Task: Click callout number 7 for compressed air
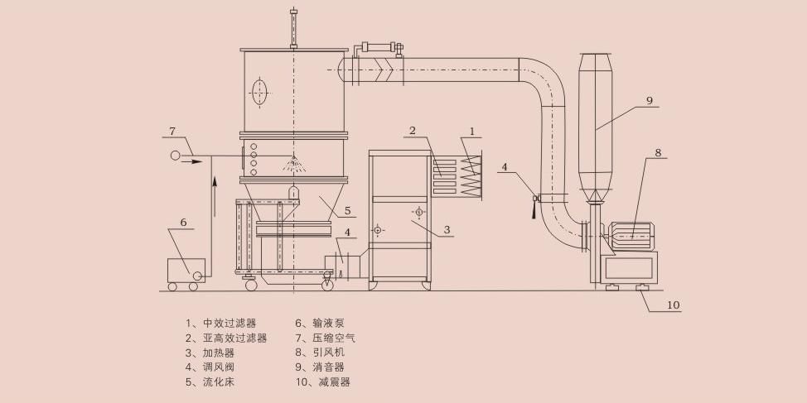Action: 172,131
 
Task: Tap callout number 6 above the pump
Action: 183,223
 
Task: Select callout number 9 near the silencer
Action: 650,100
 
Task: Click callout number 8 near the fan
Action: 658,152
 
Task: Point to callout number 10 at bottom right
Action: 673,305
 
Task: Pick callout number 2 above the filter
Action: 412,130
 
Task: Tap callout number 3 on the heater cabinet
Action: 447,229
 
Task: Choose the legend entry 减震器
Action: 334,382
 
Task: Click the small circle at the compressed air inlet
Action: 175,156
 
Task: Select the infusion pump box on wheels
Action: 186,271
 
